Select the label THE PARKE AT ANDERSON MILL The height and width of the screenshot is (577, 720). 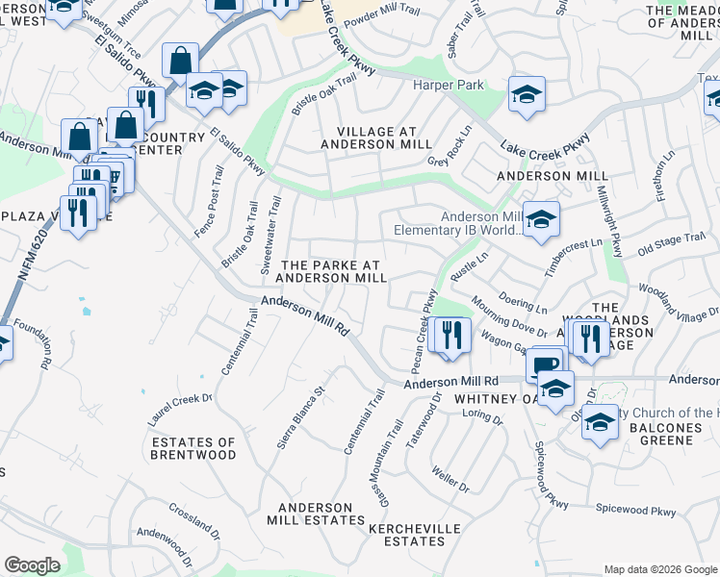331,271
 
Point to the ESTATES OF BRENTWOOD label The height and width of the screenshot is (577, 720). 193,448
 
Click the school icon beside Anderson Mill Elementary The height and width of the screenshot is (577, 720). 541,220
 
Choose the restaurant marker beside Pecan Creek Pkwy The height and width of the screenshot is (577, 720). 449,336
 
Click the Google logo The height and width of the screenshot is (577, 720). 32,565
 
